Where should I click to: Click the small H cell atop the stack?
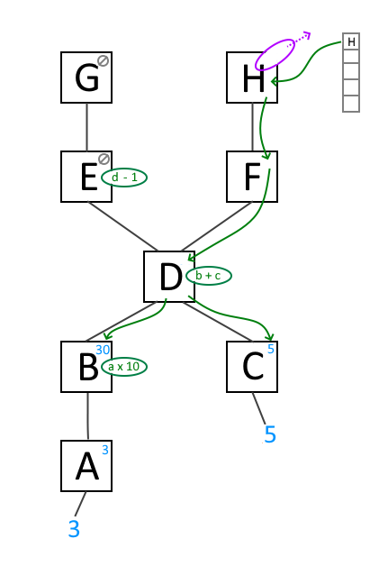(351, 41)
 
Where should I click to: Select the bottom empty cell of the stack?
(351, 104)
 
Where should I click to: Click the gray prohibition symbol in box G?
(104, 60)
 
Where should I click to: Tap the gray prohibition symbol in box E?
(104, 159)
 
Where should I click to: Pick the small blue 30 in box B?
(103, 350)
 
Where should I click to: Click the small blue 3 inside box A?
(105, 450)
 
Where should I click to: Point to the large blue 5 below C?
(270, 434)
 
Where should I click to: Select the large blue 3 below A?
(74, 529)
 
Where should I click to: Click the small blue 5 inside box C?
(271, 349)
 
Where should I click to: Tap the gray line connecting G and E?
(87, 127)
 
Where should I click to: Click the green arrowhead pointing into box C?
(270, 337)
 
